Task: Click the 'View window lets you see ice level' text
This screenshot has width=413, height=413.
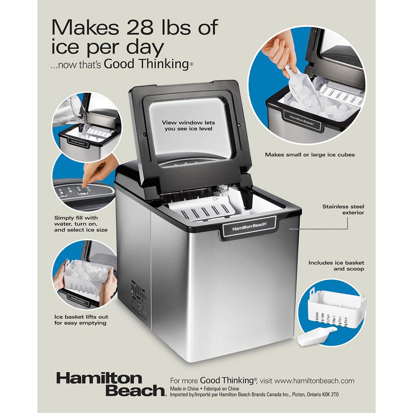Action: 188,126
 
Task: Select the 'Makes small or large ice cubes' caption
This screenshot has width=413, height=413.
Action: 310,154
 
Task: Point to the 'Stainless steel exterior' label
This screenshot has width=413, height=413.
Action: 343,209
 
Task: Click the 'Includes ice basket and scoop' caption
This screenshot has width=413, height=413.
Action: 336,266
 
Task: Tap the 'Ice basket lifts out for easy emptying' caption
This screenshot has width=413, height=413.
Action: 81,320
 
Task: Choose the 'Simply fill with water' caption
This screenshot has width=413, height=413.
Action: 81,223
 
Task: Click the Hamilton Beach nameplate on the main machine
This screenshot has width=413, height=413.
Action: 249,226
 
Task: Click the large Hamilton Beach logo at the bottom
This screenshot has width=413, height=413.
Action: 111,384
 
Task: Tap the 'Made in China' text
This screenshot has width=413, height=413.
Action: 184,389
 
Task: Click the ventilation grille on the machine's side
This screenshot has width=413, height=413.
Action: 139,299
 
